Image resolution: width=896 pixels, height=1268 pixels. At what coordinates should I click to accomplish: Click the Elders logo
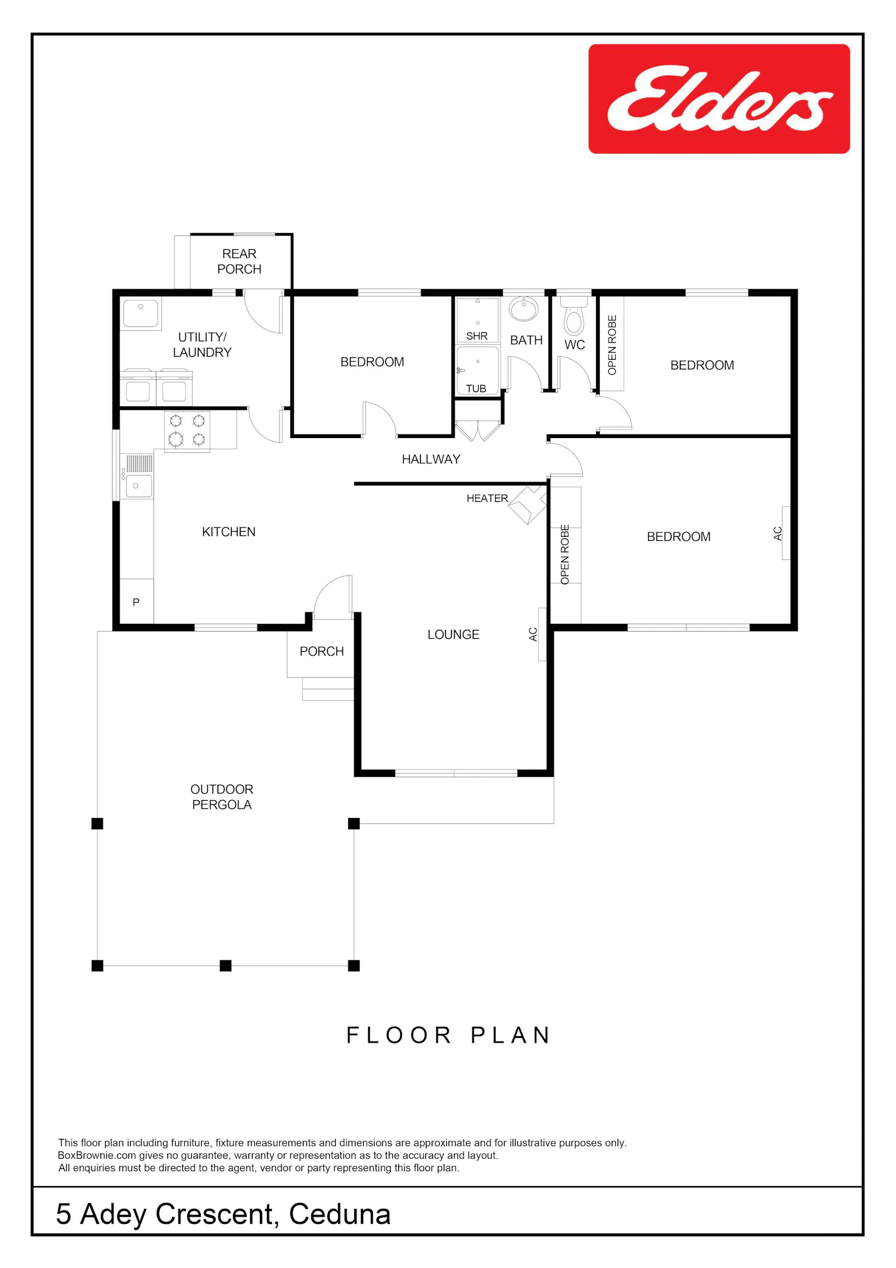click(x=719, y=99)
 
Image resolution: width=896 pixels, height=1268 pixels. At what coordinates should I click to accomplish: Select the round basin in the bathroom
click(x=524, y=308)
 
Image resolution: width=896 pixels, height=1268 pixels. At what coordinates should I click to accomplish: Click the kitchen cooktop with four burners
click(x=187, y=431)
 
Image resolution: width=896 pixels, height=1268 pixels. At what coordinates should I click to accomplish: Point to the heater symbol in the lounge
click(x=528, y=505)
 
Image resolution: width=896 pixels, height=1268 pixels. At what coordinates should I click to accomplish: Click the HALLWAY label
click(x=431, y=460)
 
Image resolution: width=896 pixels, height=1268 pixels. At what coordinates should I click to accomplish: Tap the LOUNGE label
click(x=453, y=635)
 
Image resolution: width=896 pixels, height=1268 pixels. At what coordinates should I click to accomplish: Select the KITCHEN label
click(x=229, y=532)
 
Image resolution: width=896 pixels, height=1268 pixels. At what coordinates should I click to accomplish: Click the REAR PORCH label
click(x=240, y=262)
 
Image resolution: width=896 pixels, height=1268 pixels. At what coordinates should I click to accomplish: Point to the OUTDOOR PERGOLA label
click(x=222, y=797)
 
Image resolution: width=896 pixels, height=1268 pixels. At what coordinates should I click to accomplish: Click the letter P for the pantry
click(x=136, y=602)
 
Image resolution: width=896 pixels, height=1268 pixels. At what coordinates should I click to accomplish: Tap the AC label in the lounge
click(x=533, y=634)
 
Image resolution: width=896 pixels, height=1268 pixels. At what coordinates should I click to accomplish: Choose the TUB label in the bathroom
click(x=476, y=388)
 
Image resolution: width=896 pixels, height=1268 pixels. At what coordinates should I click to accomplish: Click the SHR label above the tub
click(x=477, y=336)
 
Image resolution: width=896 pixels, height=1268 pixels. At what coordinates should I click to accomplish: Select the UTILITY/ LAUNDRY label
click(x=202, y=345)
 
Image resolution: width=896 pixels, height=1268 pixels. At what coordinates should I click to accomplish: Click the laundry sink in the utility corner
click(x=141, y=314)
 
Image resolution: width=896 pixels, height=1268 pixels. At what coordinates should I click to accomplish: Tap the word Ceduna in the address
click(x=340, y=1214)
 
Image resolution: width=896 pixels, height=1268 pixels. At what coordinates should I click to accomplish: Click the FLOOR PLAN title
click(x=448, y=1035)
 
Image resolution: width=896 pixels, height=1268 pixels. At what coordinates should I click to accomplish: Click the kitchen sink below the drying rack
click(x=137, y=486)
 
